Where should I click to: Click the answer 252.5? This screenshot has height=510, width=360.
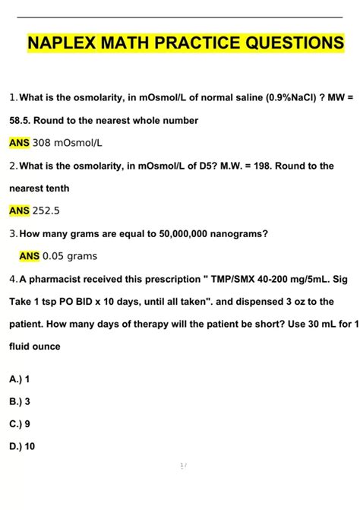click(x=48, y=211)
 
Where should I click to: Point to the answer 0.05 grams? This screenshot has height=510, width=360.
click(x=70, y=256)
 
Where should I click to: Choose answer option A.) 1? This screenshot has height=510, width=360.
click(x=19, y=379)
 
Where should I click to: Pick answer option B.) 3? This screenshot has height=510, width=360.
click(x=20, y=401)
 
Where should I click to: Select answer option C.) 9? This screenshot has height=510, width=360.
click(x=20, y=424)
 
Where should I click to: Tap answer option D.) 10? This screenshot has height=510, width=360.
click(x=22, y=447)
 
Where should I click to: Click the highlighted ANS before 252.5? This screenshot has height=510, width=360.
click(x=19, y=211)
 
